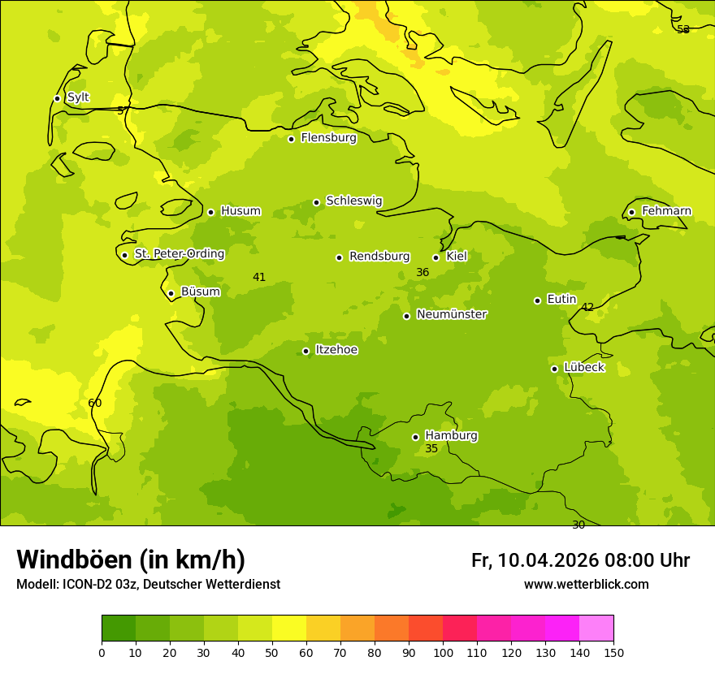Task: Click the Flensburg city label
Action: pyautogui.click(x=328, y=138)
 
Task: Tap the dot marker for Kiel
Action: pyautogui.click(x=435, y=257)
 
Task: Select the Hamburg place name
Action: pyautogui.click(x=451, y=436)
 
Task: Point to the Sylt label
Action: pyautogui.click(x=78, y=97)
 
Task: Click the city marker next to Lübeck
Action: pyautogui.click(x=554, y=369)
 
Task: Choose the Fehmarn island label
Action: pyautogui.click(x=666, y=211)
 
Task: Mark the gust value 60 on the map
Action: pyautogui.click(x=95, y=404)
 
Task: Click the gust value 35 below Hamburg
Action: pyautogui.click(x=431, y=449)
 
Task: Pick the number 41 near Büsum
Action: pyautogui.click(x=259, y=278)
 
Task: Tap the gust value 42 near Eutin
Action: pyautogui.click(x=587, y=308)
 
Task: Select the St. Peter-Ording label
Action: pyautogui.click(x=179, y=254)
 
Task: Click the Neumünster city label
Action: pyautogui.click(x=452, y=314)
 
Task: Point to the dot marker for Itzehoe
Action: pyautogui.click(x=305, y=351)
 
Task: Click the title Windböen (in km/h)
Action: pyautogui.click(x=131, y=560)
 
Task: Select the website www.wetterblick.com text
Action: pyautogui.click(x=586, y=585)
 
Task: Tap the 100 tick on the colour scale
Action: pyautogui.click(x=443, y=652)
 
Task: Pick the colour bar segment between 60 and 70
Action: pyautogui.click(x=323, y=629)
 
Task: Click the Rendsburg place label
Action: pyautogui.click(x=379, y=257)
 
